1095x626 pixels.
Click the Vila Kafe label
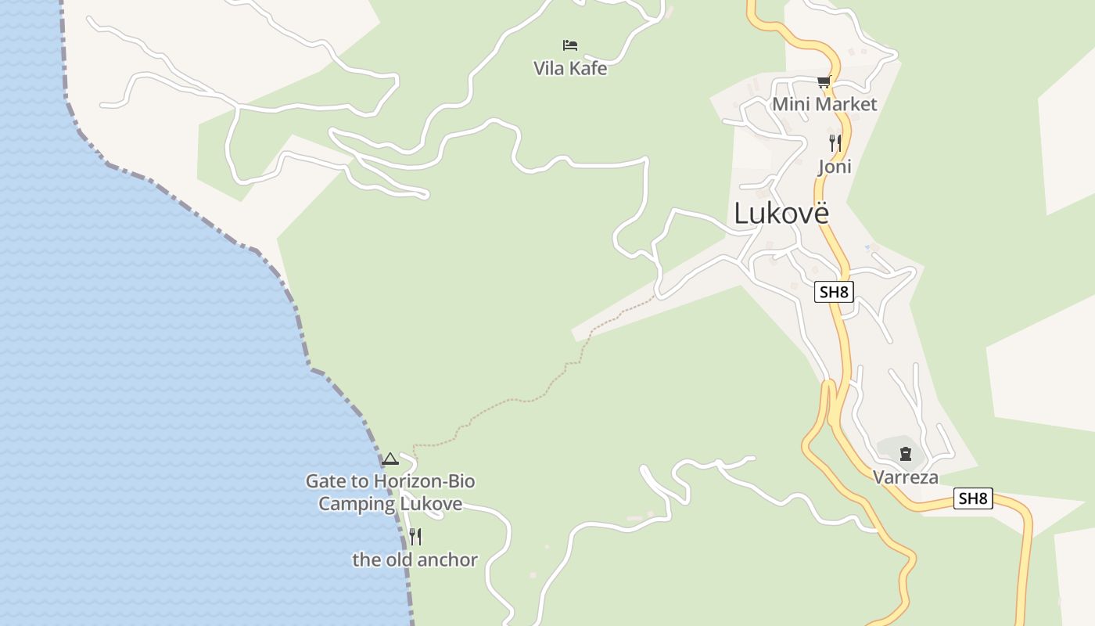point(569,69)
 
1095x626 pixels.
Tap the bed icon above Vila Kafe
point(570,45)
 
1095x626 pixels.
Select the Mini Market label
point(824,104)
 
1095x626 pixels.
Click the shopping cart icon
point(824,81)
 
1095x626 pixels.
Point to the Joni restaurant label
point(835,167)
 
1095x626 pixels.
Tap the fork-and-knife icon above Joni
point(835,143)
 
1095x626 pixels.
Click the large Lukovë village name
point(781,213)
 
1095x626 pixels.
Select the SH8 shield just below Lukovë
point(834,293)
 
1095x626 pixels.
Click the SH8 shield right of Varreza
point(973,498)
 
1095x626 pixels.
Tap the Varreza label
point(905,477)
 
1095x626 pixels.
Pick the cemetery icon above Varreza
point(906,453)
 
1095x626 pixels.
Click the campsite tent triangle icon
point(390,459)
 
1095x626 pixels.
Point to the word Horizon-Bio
point(424,481)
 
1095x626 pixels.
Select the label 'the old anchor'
point(415,559)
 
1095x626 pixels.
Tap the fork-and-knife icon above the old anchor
point(415,537)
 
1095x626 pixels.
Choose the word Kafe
point(588,69)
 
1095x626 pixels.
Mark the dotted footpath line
point(532,400)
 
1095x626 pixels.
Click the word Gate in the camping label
point(323,481)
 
